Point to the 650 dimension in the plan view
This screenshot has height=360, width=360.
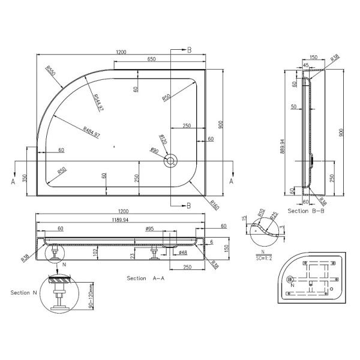point(152,59)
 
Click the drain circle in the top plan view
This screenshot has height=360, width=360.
point(170,160)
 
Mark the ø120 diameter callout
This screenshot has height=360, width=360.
point(162,140)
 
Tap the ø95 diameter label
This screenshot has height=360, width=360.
point(150,228)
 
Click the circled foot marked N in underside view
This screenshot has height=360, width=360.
point(292,279)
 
